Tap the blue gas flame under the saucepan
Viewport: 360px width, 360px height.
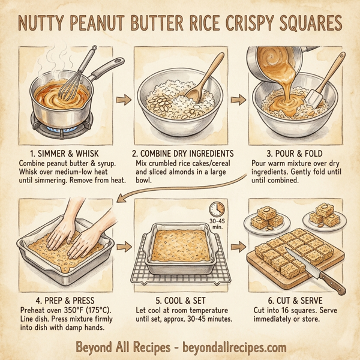point(66,127)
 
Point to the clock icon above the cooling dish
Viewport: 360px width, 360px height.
point(217,210)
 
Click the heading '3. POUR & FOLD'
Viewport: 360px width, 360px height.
point(294,153)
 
